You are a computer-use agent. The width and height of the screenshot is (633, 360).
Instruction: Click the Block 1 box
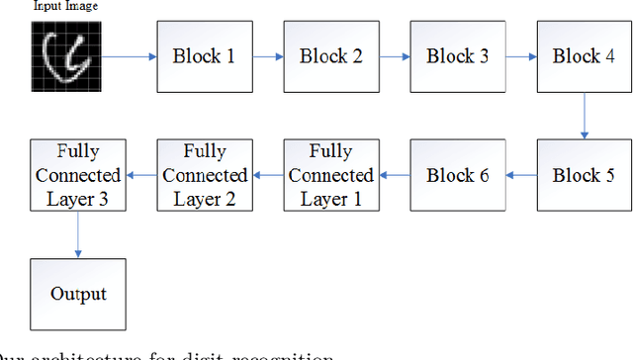(x=204, y=56)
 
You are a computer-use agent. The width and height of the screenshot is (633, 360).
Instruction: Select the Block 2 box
(x=331, y=56)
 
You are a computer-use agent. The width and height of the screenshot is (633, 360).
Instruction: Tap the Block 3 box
(x=458, y=56)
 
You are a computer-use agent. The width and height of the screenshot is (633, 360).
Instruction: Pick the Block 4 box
(x=584, y=56)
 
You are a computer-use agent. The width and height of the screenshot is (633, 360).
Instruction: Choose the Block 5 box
(x=584, y=175)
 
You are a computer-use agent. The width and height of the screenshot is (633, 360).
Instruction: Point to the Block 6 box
(x=458, y=175)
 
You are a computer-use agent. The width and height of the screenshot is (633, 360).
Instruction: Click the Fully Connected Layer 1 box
(x=331, y=175)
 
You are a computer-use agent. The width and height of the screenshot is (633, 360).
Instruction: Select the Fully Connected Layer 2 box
(x=205, y=175)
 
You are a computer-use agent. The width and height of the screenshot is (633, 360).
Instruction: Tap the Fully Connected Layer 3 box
(x=77, y=175)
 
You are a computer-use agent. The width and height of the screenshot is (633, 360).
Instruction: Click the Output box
(x=77, y=294)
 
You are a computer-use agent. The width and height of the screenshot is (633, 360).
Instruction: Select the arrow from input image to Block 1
(x=128, y=56)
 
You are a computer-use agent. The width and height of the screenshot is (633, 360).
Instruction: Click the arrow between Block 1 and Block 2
(x=267, y=56)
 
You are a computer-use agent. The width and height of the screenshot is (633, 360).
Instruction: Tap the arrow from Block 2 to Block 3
(x=395, y=56)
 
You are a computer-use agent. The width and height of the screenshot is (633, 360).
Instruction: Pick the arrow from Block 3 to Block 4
(x=520, y=56)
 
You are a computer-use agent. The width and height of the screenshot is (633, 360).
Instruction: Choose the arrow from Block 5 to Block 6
(x=520, y=175)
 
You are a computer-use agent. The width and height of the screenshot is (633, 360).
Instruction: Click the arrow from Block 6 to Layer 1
(x=395, y=175)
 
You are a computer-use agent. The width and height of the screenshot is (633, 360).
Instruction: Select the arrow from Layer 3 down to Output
(x=77, y=234)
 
